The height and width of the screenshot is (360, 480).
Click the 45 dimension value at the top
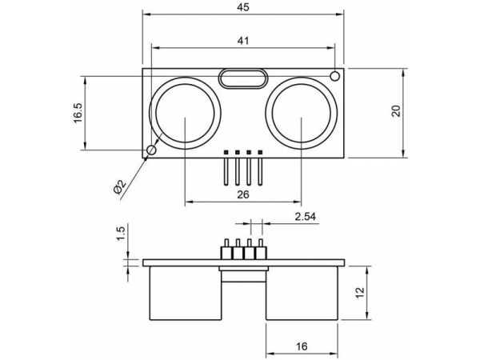tap(242, 7)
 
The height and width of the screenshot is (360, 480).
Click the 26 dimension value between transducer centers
tap(242, 194)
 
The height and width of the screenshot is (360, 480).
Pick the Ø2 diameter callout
tap(118, 187)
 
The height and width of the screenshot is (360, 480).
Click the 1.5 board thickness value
tap(121, 233)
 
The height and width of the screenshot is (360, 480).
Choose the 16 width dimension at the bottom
tap(300, 346)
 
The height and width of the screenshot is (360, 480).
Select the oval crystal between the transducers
tap(242, 78)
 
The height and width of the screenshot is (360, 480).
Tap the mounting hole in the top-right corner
tap(334, 76)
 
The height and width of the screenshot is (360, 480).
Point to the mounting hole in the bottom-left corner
tap(151, 150)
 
